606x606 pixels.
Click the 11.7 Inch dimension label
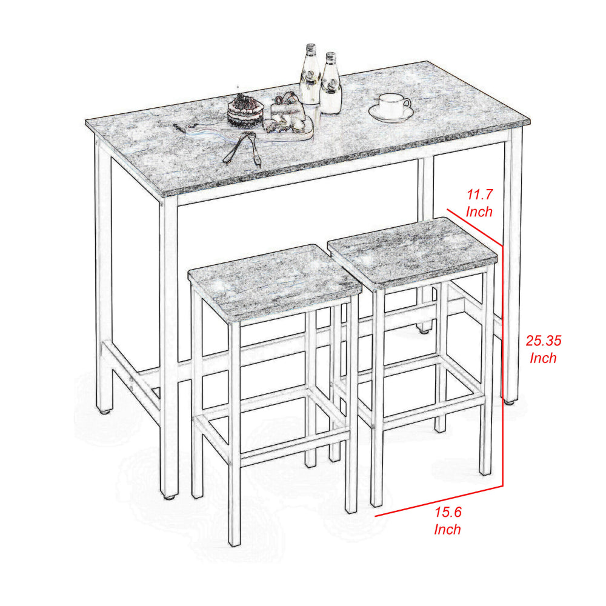[x=479, y=203]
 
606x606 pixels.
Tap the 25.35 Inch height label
[x=543, y=349]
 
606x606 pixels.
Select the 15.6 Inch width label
[x=448, y=521]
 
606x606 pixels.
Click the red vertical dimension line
[x=502, y=365]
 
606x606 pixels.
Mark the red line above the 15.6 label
[x=439, y=501]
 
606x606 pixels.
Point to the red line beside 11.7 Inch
[x=474, y=227]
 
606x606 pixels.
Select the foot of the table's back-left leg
[x=104, y=411]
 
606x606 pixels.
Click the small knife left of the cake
[x=179, y=128]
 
